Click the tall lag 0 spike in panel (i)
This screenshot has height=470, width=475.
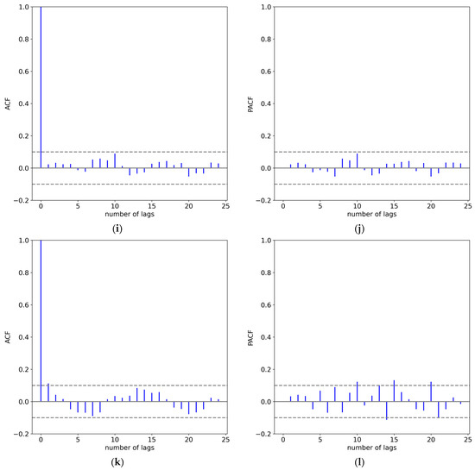[41, 86]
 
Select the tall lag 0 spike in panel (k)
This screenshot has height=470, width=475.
[41, 320]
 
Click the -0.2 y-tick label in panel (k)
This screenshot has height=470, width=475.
[20, 434]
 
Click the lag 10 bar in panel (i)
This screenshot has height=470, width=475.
[114, 160]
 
